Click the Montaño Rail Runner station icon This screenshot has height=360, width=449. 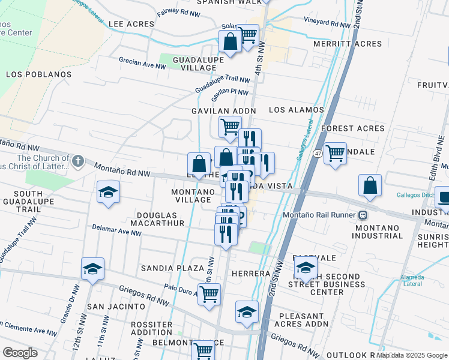click(x=363, y=215)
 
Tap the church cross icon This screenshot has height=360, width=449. click(x=77, y=161)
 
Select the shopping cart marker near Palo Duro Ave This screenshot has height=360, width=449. click(x=209, y=295)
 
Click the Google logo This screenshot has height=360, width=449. click(x=20, y=353)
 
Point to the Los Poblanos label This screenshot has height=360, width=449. click(x=38, y=75)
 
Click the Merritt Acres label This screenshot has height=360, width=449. click(x=348, y=44)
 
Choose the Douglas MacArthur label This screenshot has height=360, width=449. click(x=160, y=219)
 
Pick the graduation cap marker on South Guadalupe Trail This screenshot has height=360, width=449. click(x=109, y=192)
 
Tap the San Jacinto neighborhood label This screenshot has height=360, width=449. click(x=116, y=306)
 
